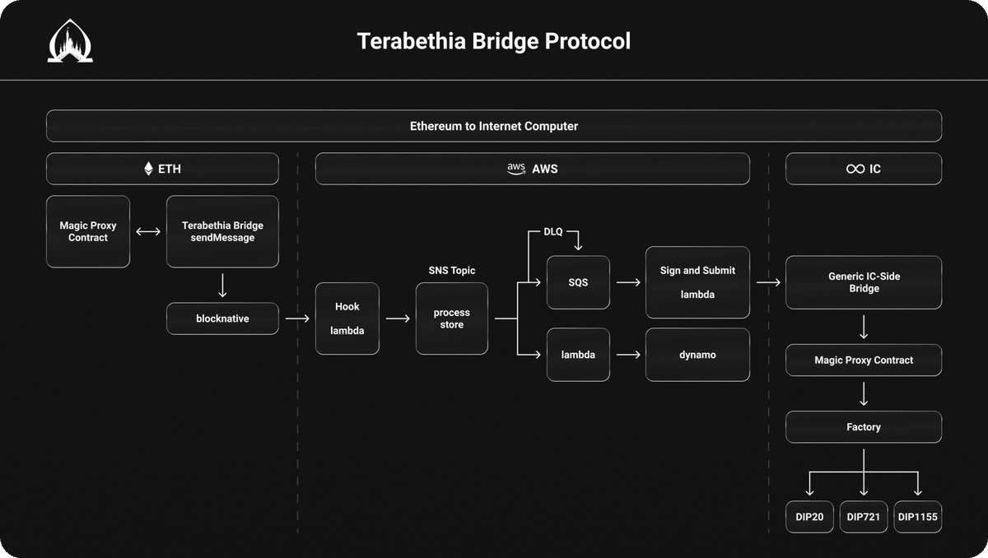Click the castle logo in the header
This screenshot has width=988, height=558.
coord(70,42)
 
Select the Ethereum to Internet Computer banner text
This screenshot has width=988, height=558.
coord(494,126)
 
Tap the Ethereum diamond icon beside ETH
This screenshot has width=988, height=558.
coord(148,169)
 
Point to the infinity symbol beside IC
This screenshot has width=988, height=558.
coord(855,169)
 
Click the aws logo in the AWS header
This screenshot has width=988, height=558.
coord(516,168)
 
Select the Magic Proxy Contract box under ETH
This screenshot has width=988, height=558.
coord(88,231)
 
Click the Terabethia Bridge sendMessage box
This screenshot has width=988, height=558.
coord(222,231)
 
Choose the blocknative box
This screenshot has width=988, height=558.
coord(222,319)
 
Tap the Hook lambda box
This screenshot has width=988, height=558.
coord(347,319)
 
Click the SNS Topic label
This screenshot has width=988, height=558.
coord(451,271)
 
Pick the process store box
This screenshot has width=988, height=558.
coord(451,319)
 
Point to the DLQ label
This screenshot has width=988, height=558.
coord(553,232)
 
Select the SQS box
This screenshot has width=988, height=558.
coord(579,282)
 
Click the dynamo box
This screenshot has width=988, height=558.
coord(697,355)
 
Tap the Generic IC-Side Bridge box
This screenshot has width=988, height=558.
coord(864,282)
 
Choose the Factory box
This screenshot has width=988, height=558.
coord(864,427)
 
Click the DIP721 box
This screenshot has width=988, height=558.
coord(864,518)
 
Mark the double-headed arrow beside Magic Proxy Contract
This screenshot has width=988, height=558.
coord(148,232)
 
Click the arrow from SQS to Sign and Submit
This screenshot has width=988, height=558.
coord(627,282)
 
